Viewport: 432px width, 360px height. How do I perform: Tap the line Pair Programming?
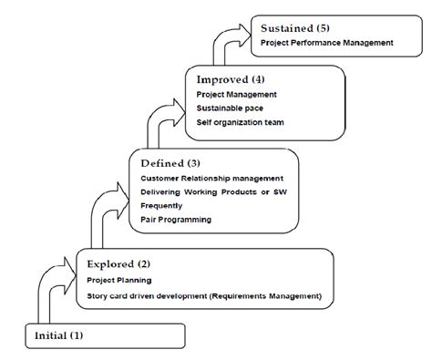click(176, 220)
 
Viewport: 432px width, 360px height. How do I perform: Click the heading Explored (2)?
click(118, 264)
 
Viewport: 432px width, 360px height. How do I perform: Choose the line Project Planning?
click(119, 281)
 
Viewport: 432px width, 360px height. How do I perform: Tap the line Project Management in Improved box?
click(237, 93)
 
